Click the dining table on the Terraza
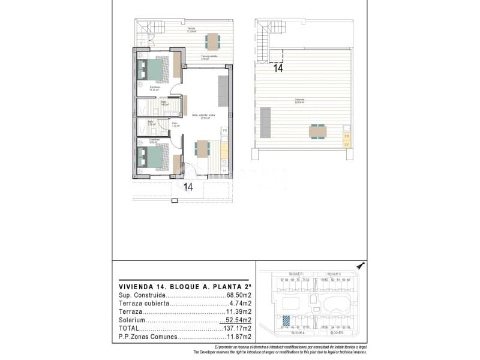coord(212,41)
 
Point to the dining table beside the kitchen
coord(202,148)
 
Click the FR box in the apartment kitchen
coord(225,130)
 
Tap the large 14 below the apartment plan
coord(188,187)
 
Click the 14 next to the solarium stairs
coord(278,68)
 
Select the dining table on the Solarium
coord(317,130)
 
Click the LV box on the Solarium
coord(346,144)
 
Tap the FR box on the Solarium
coord(346,136)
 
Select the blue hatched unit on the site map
coord(287,321)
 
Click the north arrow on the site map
coord(361,265)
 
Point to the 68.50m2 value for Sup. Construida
coord(239,296)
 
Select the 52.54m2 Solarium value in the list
coord(239,320)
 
